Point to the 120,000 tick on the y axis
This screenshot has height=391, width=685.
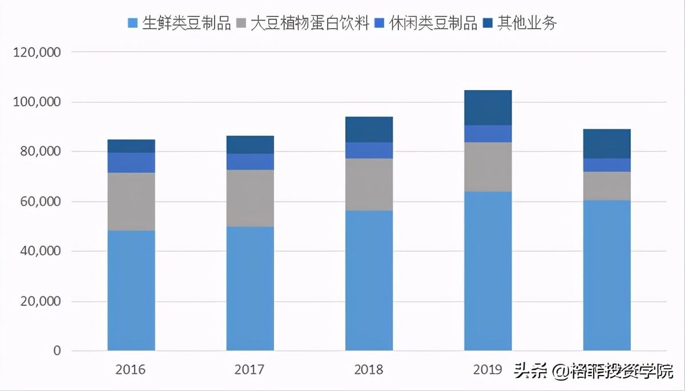click(37, 52)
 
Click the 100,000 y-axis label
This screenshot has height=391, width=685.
click(37, 102)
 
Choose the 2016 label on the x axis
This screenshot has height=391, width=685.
click(131, 370)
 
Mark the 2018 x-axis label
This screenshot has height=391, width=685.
click(369, 370)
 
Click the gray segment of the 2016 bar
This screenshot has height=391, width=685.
click(131, 201)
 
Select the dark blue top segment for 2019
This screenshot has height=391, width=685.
click(487, 107)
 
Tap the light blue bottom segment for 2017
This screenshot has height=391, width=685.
click(250, 288)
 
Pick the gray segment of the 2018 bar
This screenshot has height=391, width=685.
click(369, 185)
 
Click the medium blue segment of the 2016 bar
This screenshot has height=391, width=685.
click(131, 162)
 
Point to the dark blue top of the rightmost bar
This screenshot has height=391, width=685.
click(607, 144)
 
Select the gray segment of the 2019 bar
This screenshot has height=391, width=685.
click(487, 166)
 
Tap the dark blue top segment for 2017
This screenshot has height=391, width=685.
click(250, 145)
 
